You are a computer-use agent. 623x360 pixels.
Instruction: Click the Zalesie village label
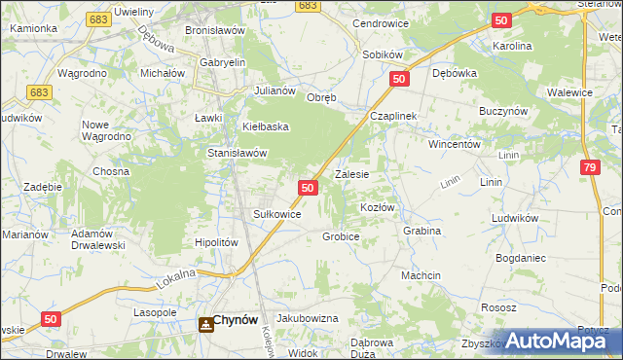351,175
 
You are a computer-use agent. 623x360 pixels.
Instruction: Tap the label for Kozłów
377,208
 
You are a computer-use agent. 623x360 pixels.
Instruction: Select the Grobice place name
341,236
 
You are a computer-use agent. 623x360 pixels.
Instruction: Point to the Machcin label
421,275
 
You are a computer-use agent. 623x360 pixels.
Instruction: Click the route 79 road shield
590,169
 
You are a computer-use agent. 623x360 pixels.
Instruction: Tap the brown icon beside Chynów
205,324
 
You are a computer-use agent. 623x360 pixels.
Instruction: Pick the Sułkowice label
276,214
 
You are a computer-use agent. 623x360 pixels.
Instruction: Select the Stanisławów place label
238,153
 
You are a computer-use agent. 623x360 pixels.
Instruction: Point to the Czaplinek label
392,115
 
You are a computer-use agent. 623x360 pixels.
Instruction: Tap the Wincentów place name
456,144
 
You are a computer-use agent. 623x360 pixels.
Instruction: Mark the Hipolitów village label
217,242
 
